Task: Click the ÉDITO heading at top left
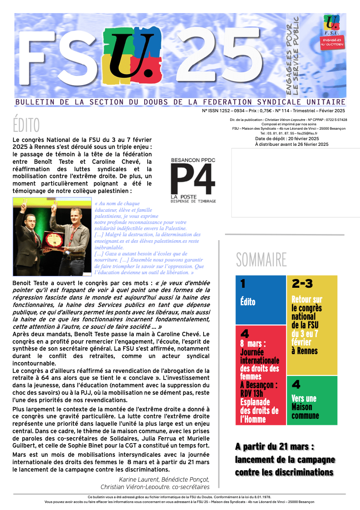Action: [26, 125]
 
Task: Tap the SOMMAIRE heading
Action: [261, 260]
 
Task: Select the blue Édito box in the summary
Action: [260, 300]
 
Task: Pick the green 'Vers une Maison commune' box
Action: [312, 400]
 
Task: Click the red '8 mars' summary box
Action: [260, 375]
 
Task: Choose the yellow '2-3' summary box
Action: [312, 325]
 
